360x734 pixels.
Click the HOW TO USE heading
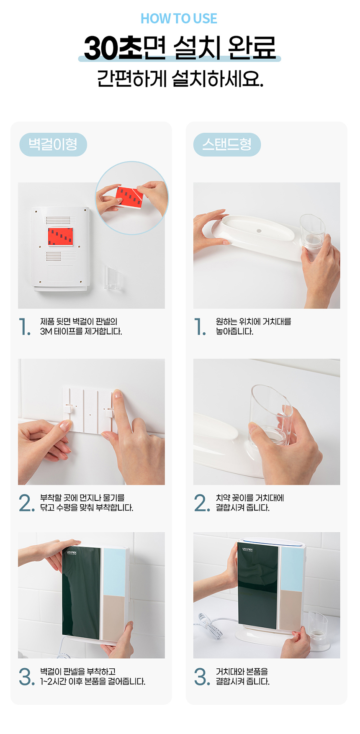[179, 18]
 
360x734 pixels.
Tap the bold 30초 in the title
[113, 48]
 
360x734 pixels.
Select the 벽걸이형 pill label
[53, 144]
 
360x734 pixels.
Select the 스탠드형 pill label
[227, 144]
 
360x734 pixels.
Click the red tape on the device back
[60, 237]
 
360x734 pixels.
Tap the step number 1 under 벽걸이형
[25, 326]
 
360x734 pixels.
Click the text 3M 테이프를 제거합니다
[81, 331]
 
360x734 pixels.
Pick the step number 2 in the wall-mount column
[26, 503]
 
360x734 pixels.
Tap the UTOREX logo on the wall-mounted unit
[72, 552]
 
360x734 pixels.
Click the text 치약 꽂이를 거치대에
[250, 498]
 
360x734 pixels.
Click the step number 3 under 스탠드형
[202, 676]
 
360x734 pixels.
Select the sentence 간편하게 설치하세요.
[180, 78]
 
